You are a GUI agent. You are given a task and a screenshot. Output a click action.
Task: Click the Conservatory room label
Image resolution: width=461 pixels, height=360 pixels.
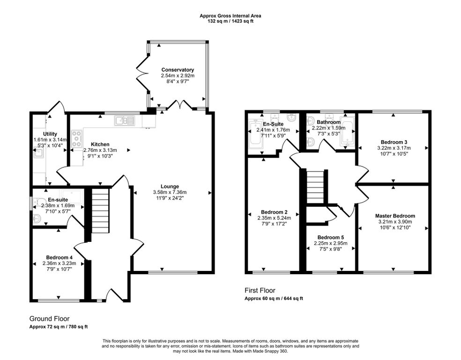[x=178, y=70]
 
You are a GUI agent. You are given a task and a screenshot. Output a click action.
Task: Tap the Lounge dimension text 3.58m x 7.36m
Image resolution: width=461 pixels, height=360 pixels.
[x=170, y=192]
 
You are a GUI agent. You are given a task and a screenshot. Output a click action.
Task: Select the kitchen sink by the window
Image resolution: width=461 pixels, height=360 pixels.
[x=125, y=120]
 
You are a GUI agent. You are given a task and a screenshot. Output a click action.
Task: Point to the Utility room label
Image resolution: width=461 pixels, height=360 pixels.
[x=50, y=134]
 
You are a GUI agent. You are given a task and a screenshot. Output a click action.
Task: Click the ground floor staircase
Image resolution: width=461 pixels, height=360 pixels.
[x=100, y=210]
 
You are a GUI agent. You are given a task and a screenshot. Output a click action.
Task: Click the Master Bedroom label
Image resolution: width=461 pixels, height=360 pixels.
[x=395, y=216]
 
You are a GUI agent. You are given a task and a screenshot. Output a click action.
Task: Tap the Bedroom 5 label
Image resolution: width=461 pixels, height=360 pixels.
[x=330, y=237]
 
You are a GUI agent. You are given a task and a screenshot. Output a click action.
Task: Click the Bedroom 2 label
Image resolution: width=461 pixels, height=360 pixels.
[x=274, y=212]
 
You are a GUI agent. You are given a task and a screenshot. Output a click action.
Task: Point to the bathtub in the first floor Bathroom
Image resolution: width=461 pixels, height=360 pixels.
[x=348, y=134]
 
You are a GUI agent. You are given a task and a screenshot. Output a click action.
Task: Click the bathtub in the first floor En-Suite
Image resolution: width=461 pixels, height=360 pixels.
[x=255, y=134]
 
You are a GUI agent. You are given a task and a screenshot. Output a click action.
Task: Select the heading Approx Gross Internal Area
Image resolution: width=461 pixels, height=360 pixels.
[x=230, y=16]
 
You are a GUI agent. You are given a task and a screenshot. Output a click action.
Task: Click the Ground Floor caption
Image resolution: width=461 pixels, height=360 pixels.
[x=49, y=319]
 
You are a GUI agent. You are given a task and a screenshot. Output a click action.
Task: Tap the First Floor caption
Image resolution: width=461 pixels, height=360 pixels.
[x=260, y=290]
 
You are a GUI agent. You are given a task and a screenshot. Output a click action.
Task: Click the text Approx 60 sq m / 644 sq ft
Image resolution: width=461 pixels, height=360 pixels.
[x=274, y=299]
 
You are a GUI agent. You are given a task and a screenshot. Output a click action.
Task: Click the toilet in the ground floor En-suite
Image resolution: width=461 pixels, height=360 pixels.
[x=37, y=202]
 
